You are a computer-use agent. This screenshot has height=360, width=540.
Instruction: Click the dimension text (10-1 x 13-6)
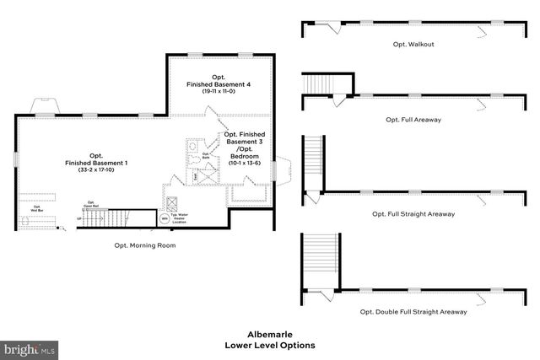point(246,163)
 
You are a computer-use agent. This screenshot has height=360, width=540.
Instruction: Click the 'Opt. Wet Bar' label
point(36,207)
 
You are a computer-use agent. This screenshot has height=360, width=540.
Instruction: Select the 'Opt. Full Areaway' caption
point(413,120)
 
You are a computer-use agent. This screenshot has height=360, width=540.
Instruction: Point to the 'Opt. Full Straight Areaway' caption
point(413,214)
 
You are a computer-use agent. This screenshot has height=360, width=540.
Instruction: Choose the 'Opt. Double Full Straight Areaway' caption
point(413,311)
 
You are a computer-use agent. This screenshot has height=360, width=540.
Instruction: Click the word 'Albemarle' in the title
point(269,334)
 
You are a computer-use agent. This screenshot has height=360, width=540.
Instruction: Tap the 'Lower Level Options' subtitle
point(269,346)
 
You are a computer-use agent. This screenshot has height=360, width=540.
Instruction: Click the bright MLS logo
point(30,347)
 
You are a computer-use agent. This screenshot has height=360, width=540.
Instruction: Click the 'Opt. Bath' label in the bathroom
point(206,154)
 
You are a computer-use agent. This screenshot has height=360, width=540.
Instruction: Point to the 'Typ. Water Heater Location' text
point(181,217)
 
